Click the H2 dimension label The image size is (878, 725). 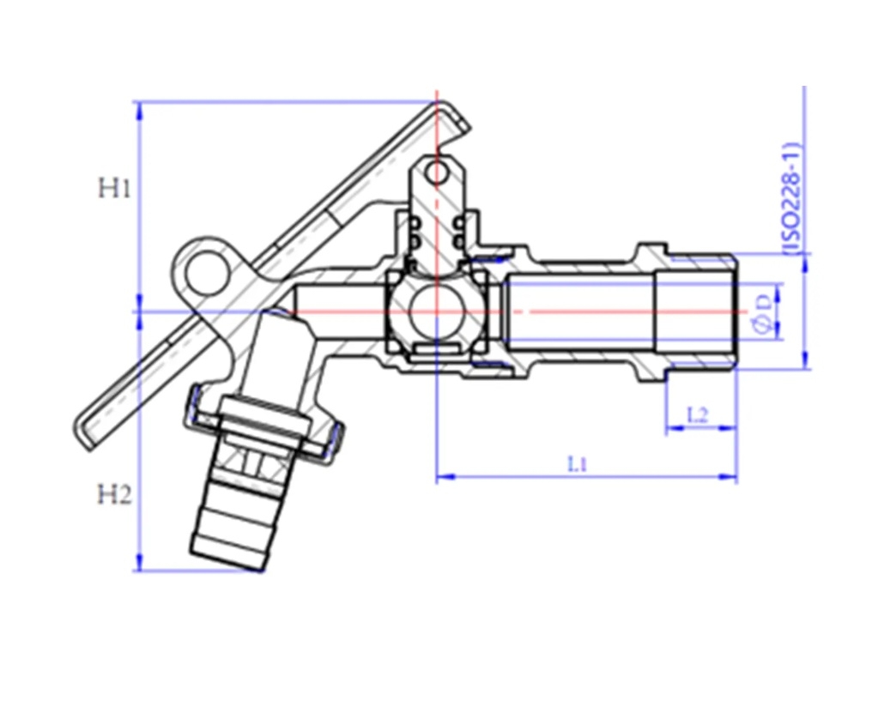tap(115, 495)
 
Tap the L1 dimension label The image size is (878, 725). tap(578, 463)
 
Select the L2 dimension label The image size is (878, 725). tap(698, 415)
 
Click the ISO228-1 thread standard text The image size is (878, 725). tap(790, 199)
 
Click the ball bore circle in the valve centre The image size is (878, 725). tap(436, 311)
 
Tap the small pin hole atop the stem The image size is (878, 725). tap(436, 173)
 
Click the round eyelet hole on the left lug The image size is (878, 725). tap(207, 274)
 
